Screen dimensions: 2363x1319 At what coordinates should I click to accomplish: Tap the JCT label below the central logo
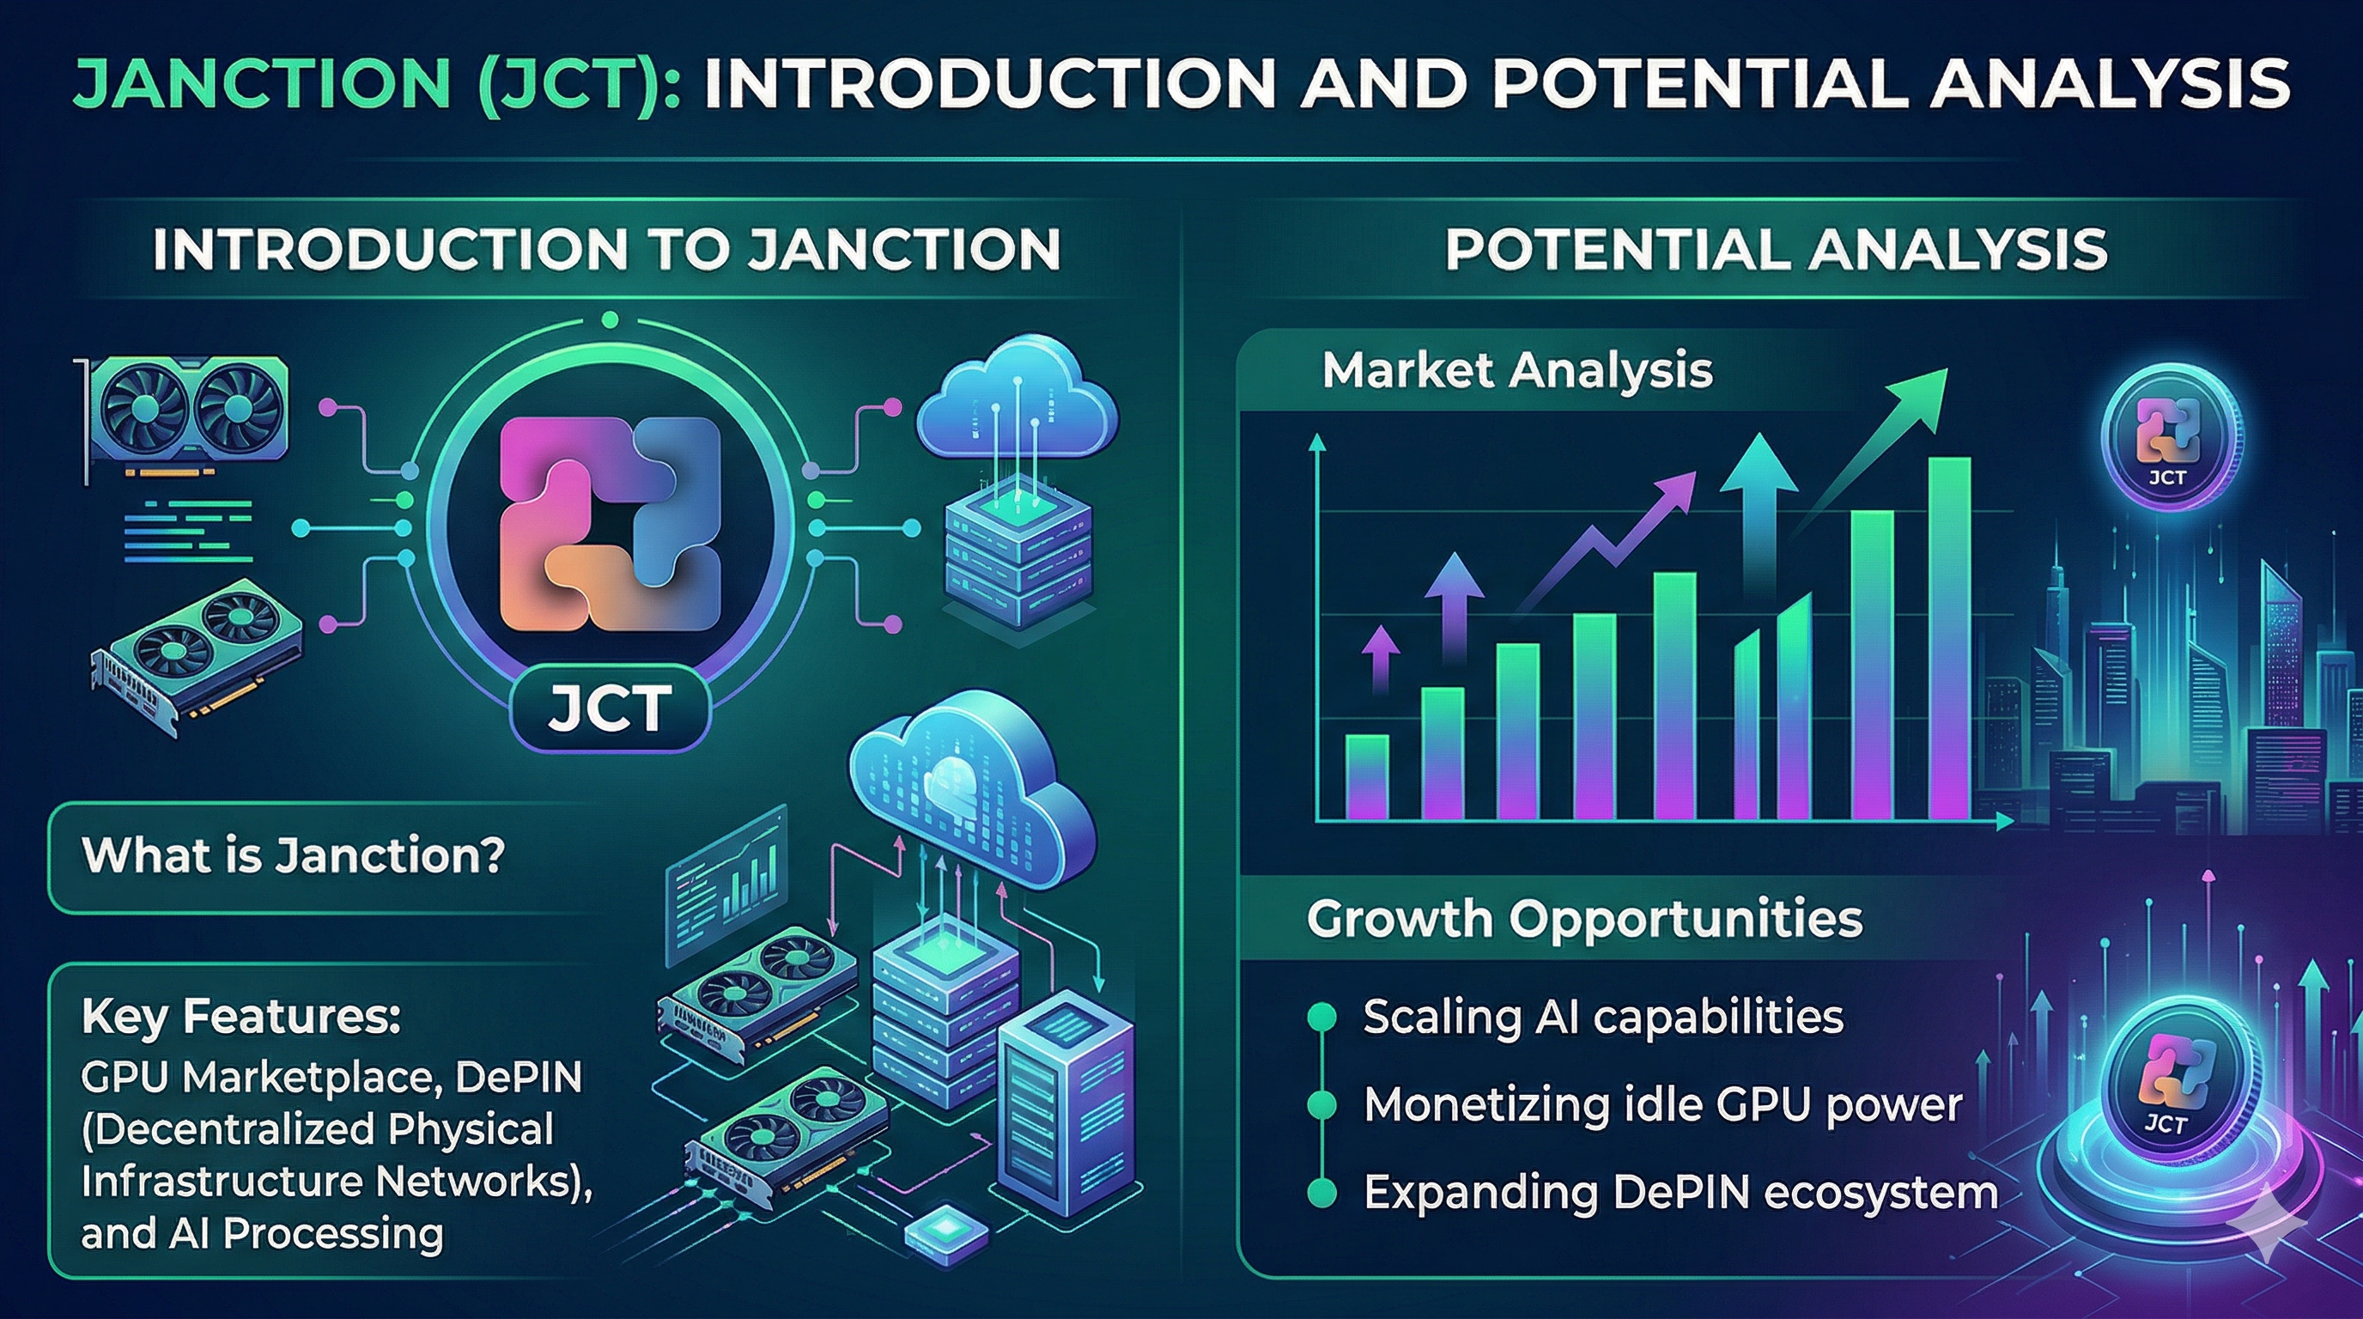(x=609, y=708)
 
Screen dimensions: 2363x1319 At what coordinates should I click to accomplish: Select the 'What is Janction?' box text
(x=294, y=855)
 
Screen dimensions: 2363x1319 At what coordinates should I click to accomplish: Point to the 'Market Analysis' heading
(x=1517, y=371)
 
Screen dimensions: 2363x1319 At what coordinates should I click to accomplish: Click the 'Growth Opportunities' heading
(x=1584, y=919)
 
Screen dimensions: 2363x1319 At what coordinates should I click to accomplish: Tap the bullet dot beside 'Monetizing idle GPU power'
(x=1321, y=1105)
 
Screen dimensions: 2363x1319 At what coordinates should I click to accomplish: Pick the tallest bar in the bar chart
(x=1949, y=638)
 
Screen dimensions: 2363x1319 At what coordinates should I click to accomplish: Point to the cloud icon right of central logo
(x=1017, y=400)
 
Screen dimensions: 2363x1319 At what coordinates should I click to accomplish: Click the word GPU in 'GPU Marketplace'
(x=123, y=1078)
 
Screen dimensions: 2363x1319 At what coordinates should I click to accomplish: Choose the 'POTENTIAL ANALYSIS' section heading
(x=1776, y=250)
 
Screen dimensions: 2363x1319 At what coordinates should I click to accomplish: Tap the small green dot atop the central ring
(x=610, y=320)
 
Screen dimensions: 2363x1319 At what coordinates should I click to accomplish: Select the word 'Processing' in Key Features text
(x=334, y=1235)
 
